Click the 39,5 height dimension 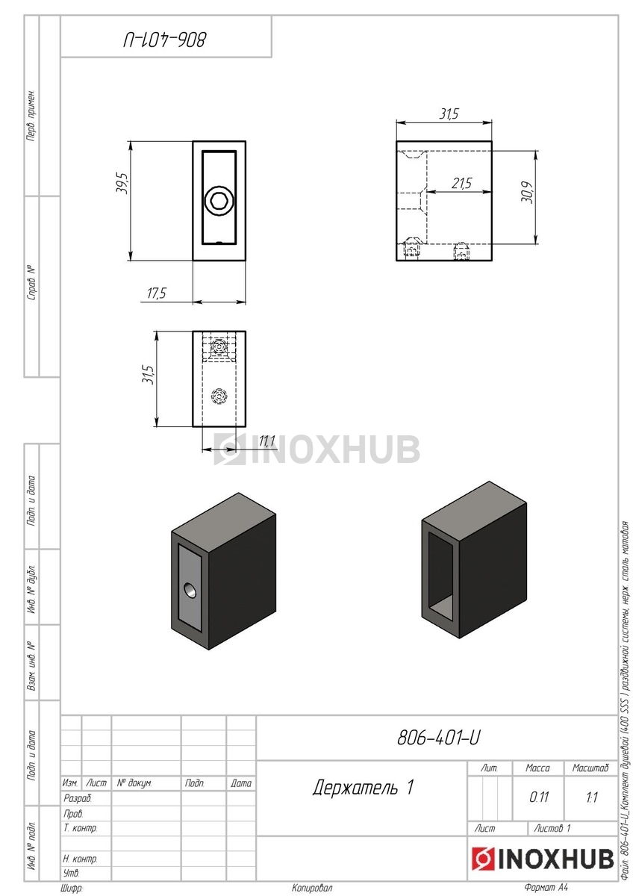click(121, 183)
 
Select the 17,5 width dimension click(156, 293)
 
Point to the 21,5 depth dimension click(461, 184)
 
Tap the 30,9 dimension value click(528, 192)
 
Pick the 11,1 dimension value click(266, 441)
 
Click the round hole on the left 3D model click(190, 590)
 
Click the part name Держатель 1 click(363, 787)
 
